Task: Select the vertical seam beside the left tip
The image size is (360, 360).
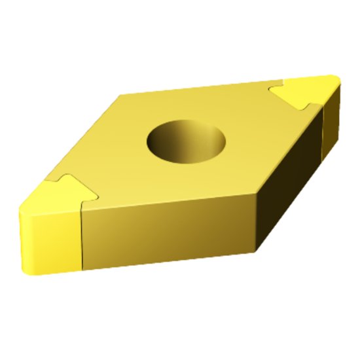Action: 81,236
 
